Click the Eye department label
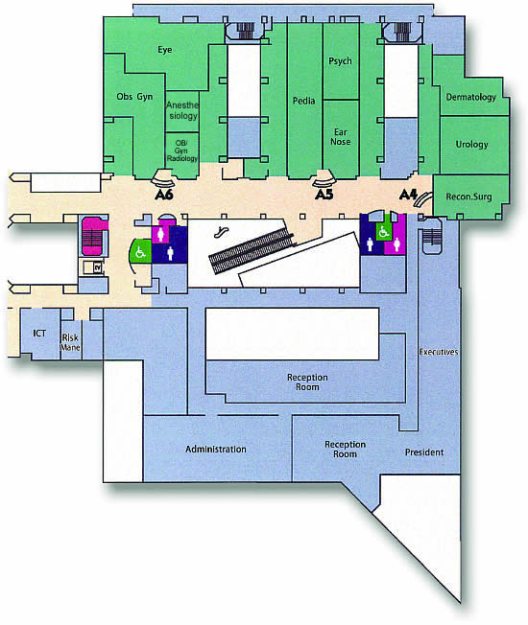(x=165, y=50)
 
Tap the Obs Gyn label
(x=134, y=97)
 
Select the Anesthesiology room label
(x=182, y=110)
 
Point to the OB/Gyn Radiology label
(x=181, y=150)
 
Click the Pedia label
(x=303, y=101)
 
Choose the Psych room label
(x=340, y=61)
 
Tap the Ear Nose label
(x=341, y=137)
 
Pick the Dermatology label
(x=471, y=97)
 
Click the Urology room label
(x=471, y=145)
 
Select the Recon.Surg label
(x=468, y=197)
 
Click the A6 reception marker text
(x=164, y=195)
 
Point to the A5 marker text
(x=324, y=195)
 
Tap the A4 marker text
(x=408, y=195)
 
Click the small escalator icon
(x=220, y=232)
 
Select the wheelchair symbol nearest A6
(x=140, y=252)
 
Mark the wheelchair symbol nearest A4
(x=384, y=232)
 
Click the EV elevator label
(x=97, y=268)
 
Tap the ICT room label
(x=39, y=334)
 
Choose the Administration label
(x=216, y=450)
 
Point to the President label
(x=424, y=452)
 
